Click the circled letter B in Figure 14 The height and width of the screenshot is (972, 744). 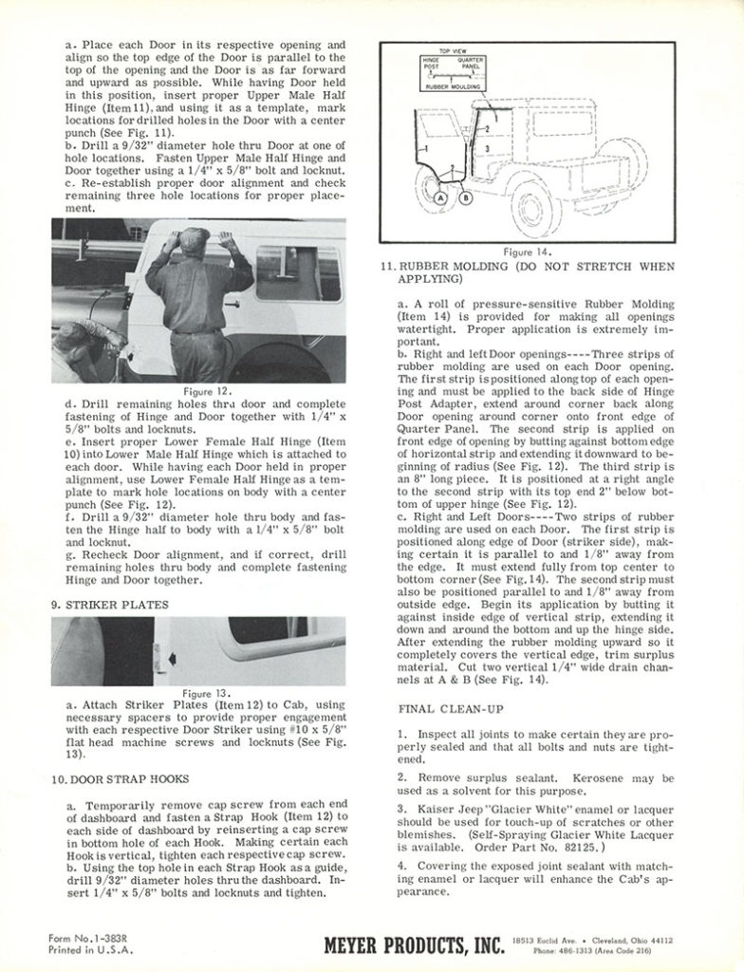coord(465,199)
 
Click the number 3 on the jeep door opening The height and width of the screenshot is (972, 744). coord(486,150)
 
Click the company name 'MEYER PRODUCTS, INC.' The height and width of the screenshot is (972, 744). coord(415,944)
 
